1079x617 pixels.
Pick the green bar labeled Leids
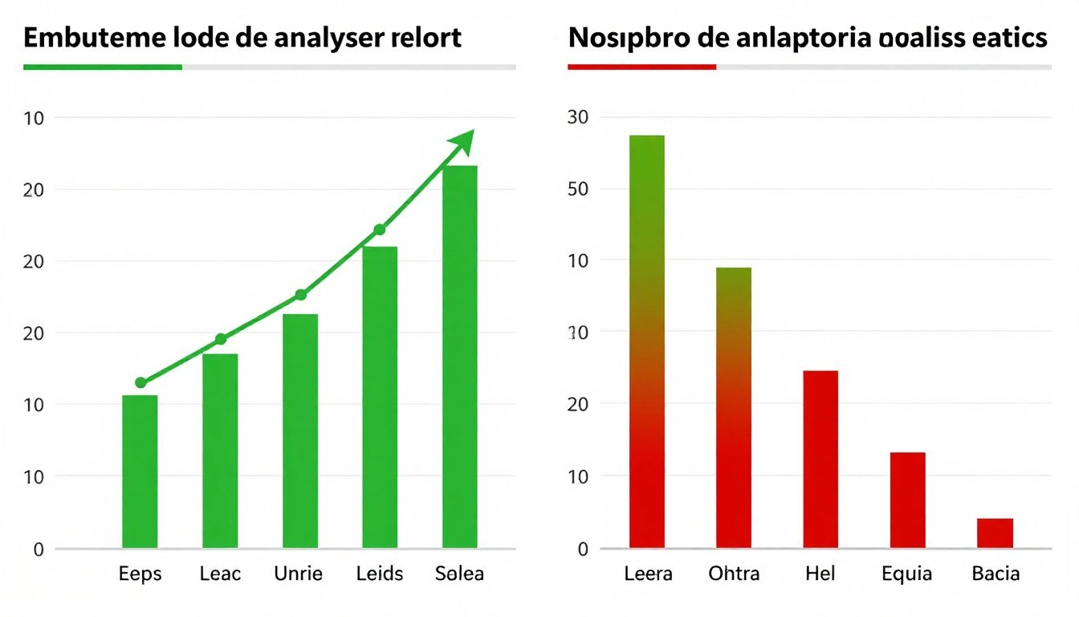(380, 397)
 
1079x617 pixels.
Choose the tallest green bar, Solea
(460, 357)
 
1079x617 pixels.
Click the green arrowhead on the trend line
(462, 141)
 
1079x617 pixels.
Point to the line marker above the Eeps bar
(141, 383)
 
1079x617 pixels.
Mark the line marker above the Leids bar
(380, 231)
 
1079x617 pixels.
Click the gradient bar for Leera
(647, 341)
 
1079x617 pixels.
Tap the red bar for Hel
(820, 459)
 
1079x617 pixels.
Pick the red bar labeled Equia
(908, 500)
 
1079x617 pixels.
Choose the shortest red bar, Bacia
(996, 533)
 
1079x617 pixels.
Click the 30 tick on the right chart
(579, 117)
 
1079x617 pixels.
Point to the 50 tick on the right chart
(579, 190)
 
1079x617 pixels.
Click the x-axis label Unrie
(299, 574)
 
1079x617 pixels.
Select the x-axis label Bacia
(996, 574)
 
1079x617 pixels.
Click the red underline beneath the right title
(641, 67)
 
